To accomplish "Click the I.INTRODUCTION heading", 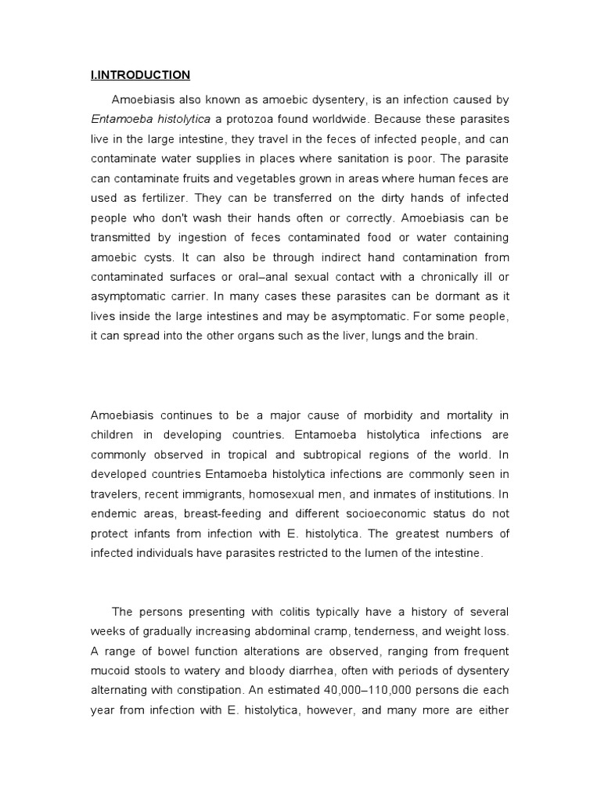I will [140, 76].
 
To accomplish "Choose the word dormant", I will [450, 297].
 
